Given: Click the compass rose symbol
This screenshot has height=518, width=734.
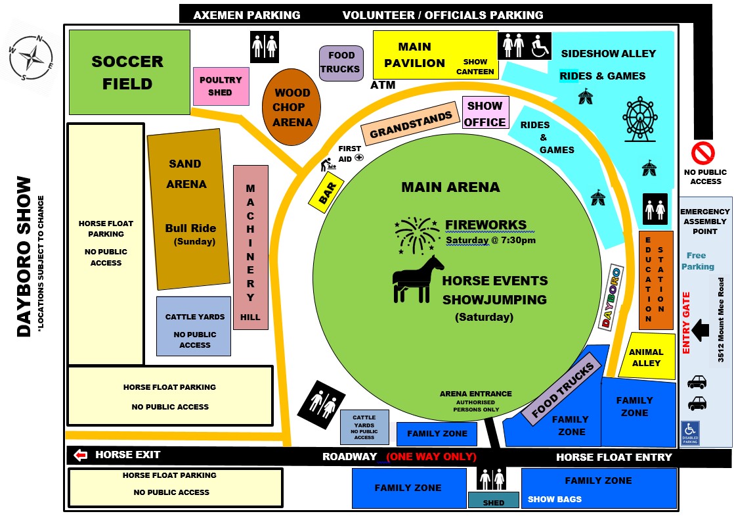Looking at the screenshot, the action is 32,58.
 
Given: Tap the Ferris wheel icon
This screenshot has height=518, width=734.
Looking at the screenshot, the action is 640,119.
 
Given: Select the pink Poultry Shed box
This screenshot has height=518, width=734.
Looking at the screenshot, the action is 221,86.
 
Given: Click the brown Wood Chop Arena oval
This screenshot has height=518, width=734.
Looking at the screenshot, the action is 291,107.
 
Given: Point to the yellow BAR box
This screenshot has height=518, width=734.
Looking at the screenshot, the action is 326,192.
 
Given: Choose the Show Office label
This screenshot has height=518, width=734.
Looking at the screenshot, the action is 485,114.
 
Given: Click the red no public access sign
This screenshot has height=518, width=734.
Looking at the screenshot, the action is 703,153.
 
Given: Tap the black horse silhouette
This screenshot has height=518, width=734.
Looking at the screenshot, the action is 417,279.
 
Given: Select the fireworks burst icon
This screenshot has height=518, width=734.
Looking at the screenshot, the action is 416,235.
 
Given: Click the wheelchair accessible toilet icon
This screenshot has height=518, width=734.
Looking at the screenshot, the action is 540,46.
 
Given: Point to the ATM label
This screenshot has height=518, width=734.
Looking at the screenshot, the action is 383,85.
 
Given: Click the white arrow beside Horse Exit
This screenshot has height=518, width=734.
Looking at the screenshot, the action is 81,455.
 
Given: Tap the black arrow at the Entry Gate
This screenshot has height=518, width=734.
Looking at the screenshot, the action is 701,330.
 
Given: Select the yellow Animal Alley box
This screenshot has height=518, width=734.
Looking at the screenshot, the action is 647,356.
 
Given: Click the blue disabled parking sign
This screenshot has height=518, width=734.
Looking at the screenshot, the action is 690,433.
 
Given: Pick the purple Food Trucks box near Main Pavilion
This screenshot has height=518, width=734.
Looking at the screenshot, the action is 341,63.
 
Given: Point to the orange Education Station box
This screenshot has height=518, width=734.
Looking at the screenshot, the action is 656,280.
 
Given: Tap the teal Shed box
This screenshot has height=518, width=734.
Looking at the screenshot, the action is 494,500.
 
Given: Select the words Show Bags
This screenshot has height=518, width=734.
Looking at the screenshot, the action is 555,499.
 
